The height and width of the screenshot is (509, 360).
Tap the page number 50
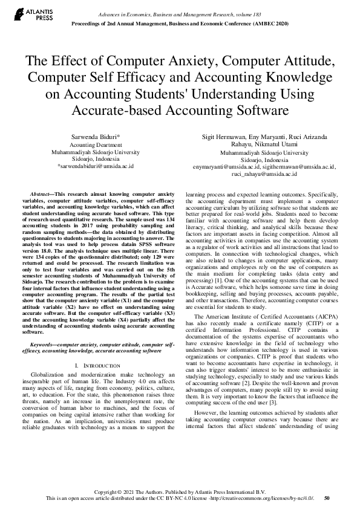(327, 498)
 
